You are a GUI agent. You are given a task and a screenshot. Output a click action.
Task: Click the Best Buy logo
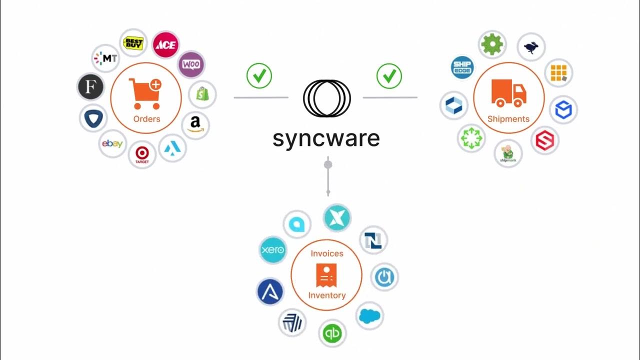coord(133,43)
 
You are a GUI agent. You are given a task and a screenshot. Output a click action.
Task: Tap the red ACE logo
coord(165,45)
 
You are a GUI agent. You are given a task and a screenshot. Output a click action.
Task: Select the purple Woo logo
coord(191,64)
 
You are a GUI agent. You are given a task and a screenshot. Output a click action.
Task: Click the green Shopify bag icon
coord(203,94)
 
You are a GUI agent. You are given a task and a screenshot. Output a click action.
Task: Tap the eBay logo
coord(112,144)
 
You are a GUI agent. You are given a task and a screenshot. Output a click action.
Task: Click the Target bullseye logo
coord(142,154)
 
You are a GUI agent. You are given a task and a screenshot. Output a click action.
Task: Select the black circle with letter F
coord(90,87)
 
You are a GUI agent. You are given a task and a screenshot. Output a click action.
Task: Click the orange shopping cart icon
coord(145,93)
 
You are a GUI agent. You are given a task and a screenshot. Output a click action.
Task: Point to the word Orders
coord(146,119)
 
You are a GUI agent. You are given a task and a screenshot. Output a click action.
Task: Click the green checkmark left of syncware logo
coord(259,76)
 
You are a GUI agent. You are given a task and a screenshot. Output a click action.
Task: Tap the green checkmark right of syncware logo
coord(389,76)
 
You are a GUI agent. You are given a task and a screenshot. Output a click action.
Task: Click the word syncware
coord(326,138)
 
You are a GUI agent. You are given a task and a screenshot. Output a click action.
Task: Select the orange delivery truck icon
coord(508,93)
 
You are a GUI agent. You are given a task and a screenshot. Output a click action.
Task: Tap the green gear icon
coord(492,44)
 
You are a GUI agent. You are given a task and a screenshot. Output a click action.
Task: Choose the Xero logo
coord(272,249)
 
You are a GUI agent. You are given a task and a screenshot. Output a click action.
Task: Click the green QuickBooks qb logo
coord(332,333)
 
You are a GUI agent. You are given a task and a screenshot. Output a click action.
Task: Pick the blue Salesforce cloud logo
coord(369,316)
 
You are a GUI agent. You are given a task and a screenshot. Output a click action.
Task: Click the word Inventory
coord(327,295)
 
